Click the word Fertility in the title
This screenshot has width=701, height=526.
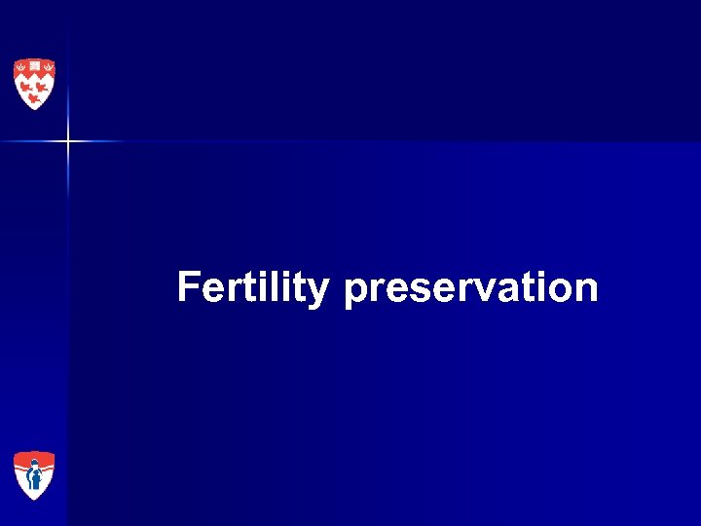(252, 288)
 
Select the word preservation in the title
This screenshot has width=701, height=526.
(471, 288)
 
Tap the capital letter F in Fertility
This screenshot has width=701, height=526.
(188, 287)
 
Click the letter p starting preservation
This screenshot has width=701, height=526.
(354, 291)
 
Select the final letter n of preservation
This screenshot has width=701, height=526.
(587, 290)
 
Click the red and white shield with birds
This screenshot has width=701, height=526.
(34, 84)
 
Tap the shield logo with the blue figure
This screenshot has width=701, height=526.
(34, 475)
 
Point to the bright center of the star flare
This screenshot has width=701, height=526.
(68, 142)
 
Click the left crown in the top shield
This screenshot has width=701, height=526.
(21, 67)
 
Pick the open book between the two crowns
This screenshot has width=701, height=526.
(34, 66)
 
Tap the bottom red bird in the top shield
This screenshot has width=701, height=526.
(34, 96)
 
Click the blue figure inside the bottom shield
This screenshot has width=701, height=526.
(34, 478)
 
